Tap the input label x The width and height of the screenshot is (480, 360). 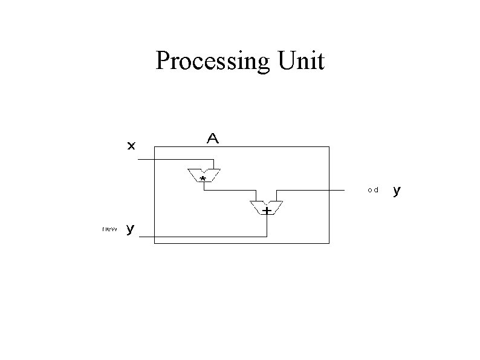131,145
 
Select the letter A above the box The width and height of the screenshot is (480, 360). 213,139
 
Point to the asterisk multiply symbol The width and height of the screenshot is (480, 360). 203,180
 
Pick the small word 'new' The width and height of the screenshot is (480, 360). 110,229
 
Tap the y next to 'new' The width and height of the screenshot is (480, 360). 131,229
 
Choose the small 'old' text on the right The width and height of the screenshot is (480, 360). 372,190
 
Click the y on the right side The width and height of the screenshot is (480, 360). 397,191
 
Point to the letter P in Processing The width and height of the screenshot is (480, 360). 163,61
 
